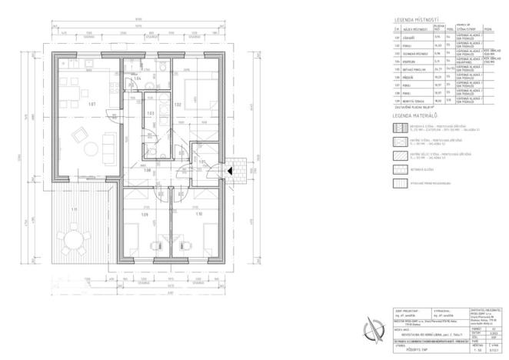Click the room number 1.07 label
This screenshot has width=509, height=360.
point(91,103)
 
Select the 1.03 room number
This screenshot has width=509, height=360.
point(151,113)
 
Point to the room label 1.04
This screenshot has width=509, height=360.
point(138,78)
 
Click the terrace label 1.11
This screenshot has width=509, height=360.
point(75,210)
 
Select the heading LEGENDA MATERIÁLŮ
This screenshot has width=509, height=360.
point(417,114)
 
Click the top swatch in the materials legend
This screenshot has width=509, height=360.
point(399,127)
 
